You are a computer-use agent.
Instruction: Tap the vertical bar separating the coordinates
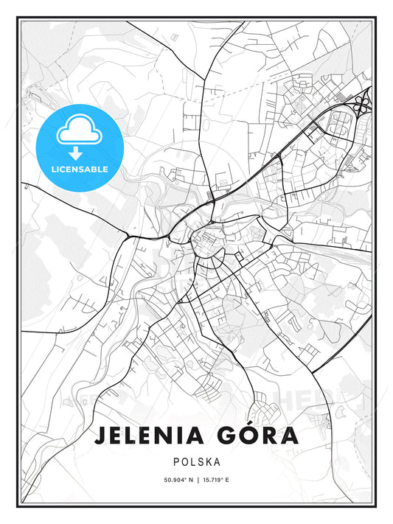[197, 481]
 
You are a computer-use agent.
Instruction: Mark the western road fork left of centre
[130, 236]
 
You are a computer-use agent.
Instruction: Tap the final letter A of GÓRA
[290, 436]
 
